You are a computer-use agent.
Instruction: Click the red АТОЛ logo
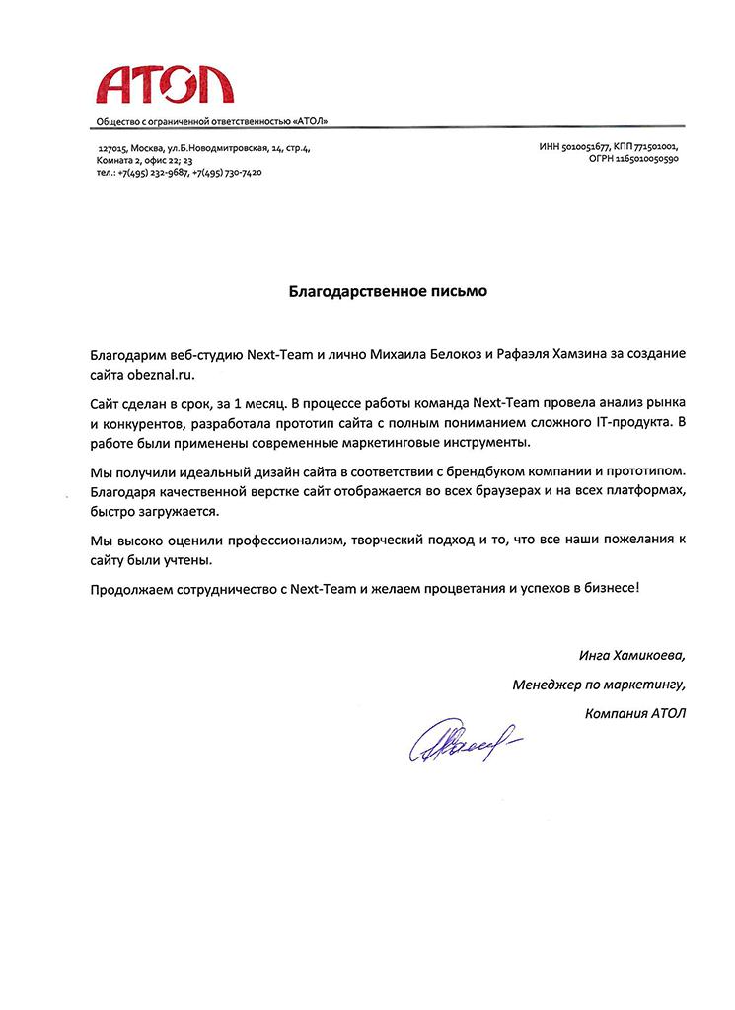point(164,83)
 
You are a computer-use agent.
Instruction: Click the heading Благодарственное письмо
point(388,292)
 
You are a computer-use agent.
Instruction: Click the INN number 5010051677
point(584,146)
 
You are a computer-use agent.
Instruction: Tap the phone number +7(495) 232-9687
point(153,172)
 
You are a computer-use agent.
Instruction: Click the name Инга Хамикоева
point(630,655)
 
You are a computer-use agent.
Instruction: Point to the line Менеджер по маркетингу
point(598,684)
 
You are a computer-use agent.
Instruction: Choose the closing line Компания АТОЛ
point(633,712)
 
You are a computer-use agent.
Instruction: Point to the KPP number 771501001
point(654,146)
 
